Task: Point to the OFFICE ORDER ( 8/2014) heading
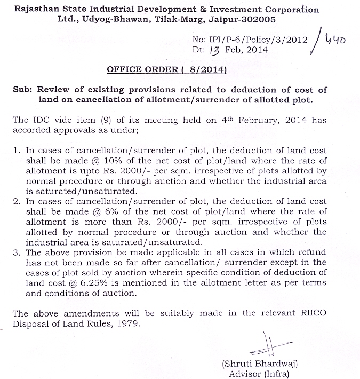tap(167, 69)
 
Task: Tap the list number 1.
tap(17, 151)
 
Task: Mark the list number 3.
tap(17, 252)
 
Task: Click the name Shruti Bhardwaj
tap(260, 364)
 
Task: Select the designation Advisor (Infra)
tap(260, 374)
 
